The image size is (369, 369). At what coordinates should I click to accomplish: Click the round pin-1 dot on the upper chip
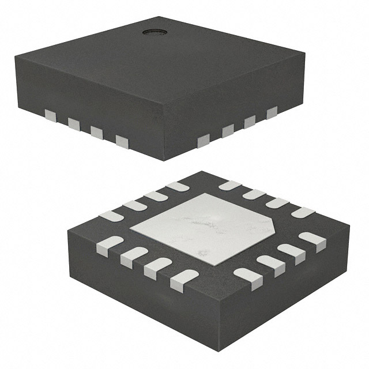153,31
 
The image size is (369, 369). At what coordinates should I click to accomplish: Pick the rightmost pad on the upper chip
272,112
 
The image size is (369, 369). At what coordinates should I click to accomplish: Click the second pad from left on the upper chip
73,123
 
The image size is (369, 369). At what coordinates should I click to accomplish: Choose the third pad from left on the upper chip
96,133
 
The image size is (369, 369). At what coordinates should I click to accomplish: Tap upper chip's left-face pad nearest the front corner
122,141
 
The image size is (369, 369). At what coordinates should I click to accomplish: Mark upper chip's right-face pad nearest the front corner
204,140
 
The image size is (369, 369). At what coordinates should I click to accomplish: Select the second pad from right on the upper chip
250,122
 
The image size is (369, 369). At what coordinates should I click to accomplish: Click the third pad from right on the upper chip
228,131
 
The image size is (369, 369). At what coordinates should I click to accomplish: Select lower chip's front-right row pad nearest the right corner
312,240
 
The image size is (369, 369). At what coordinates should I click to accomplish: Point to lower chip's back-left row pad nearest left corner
111,216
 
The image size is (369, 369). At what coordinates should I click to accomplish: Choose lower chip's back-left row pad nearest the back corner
177,186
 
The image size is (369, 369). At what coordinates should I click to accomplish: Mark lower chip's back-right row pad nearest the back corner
229,186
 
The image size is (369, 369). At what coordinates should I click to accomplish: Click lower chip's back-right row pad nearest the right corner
303,212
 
